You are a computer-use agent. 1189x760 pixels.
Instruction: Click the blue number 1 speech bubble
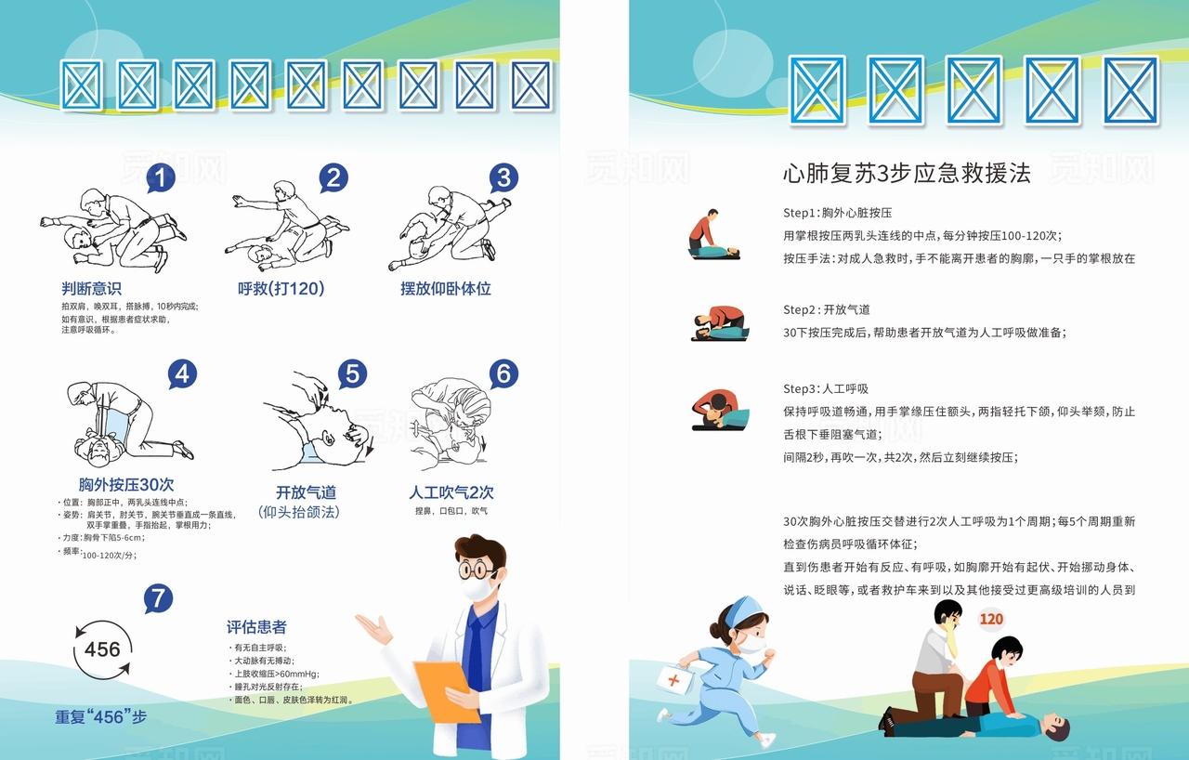click(x=161, y=178)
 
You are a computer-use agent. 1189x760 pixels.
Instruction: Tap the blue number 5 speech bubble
click(x=352, y=374)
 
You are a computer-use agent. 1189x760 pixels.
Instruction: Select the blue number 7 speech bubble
click(x=158, y=599)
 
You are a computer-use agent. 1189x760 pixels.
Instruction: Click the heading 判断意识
click(x=91, y=289)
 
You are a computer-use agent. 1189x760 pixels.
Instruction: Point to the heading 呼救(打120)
click(x=281, y=289)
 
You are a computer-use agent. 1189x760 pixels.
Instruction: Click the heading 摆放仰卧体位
click(x=445, y=289)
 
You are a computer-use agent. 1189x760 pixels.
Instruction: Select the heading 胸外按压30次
click(x=126, y=484)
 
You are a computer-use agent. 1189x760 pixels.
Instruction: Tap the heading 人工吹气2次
click(x=451, y=492)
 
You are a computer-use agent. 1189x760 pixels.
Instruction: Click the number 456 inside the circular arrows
click(x=102, y=649)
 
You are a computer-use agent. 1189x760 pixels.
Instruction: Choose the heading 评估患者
click(x=256, y=627)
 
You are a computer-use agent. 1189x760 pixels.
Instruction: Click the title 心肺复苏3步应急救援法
click(x=907, y=174)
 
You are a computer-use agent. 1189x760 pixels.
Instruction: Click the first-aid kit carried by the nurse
click(x=674, y=680)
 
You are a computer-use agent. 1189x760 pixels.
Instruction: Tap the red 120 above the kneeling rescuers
click(x=991, y=619)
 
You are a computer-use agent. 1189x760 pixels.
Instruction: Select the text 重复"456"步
click(x=100, y=717)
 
